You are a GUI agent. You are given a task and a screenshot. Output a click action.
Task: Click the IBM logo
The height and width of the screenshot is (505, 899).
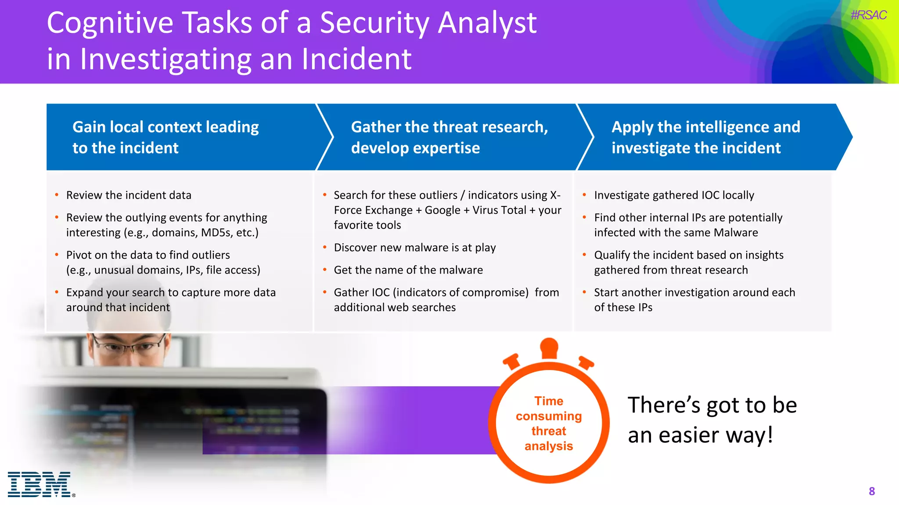pos(39,484)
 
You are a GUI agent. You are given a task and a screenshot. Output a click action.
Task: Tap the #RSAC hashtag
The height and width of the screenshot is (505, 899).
pos(868,15)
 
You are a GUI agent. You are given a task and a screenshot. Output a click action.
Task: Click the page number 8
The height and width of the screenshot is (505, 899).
pos(872,491)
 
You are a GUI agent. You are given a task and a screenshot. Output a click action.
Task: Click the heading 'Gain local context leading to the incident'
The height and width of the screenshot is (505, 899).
pos(165,137)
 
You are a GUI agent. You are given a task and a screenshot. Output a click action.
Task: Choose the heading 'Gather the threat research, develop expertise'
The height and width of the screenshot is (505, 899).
pos(449,137)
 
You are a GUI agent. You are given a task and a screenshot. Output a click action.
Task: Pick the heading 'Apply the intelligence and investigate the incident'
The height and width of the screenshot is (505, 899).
pos(705,137)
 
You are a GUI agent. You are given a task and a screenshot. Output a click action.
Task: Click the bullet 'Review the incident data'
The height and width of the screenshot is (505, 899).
pos(129,195)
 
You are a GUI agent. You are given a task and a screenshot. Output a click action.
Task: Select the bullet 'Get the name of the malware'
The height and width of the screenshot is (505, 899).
pos(408,270)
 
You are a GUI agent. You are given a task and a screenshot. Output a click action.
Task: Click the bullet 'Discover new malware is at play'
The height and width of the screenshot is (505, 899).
pos(414,248)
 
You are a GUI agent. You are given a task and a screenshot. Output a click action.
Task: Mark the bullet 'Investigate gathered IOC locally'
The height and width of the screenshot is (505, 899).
pos(674,195)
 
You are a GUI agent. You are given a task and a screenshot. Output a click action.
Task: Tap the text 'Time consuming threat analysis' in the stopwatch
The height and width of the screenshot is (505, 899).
pos(549,423)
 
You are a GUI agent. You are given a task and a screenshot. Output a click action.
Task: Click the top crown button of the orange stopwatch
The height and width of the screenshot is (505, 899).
pos(549,347)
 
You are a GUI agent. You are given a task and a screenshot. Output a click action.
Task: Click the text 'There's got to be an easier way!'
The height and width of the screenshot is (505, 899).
pos(712,420)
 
